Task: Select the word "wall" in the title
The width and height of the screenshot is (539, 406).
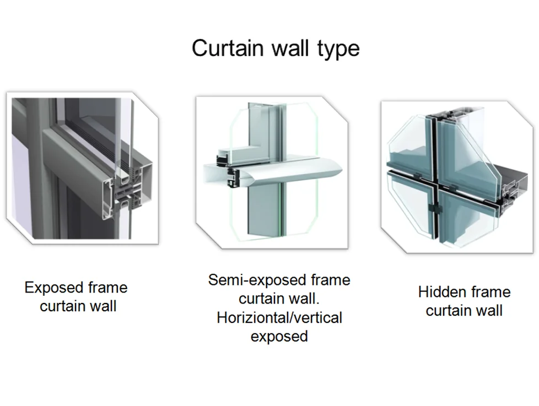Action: (291, 48)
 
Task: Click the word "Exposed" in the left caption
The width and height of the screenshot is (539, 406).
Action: (54, 288)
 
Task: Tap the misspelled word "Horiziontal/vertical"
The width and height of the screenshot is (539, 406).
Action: (279, 318)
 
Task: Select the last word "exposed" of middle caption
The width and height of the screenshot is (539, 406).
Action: (279, 337)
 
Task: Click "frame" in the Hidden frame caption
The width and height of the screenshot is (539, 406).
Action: (491, 292)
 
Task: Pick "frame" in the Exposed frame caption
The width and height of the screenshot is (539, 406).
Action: (107, 288)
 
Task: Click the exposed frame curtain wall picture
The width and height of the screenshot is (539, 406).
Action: (83, 169)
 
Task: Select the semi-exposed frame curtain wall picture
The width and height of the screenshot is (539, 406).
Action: (272, 172)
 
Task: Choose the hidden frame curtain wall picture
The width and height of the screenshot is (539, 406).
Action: (457, 177)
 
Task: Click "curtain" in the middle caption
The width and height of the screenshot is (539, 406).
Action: (263, 299)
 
